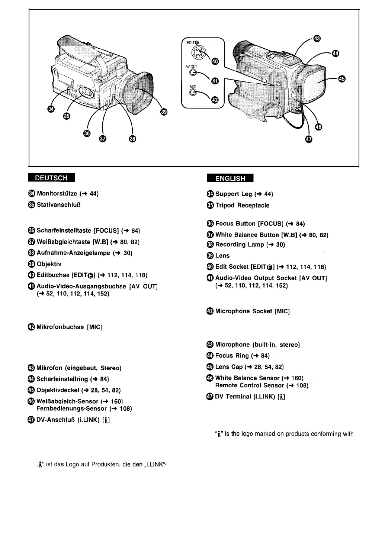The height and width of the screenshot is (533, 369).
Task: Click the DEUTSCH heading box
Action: coord(51,178)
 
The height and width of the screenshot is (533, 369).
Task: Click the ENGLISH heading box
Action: coord(230,178)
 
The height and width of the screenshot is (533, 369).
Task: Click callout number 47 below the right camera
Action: coord(309,139)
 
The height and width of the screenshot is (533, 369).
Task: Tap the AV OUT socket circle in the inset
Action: coord(193,73)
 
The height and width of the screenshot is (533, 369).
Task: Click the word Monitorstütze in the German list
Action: coord(57,194)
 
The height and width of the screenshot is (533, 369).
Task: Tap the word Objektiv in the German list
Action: coord(49,264)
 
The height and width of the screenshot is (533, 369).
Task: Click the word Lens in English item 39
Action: coord(222,256)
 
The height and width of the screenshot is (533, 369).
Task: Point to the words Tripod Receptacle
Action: coord(242,205)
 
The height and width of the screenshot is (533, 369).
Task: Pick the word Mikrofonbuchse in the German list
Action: coord(60,327)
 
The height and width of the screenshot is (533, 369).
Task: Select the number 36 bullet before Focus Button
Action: coord(210,224)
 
